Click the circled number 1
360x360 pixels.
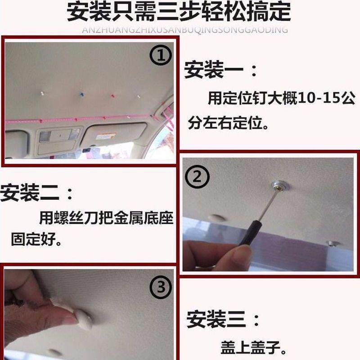[161, 55]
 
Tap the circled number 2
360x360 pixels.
[197, 176]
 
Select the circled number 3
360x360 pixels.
[161, 287]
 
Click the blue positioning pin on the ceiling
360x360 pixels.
[81, 94]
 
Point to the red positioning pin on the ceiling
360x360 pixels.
[112, 96]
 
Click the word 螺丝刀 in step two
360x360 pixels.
[76, 218]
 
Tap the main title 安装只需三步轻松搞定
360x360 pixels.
[179, 12]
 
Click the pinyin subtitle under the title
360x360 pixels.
[185, 30]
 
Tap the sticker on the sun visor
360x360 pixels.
[106, 136]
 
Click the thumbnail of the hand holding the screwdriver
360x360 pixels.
[268, 214]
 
